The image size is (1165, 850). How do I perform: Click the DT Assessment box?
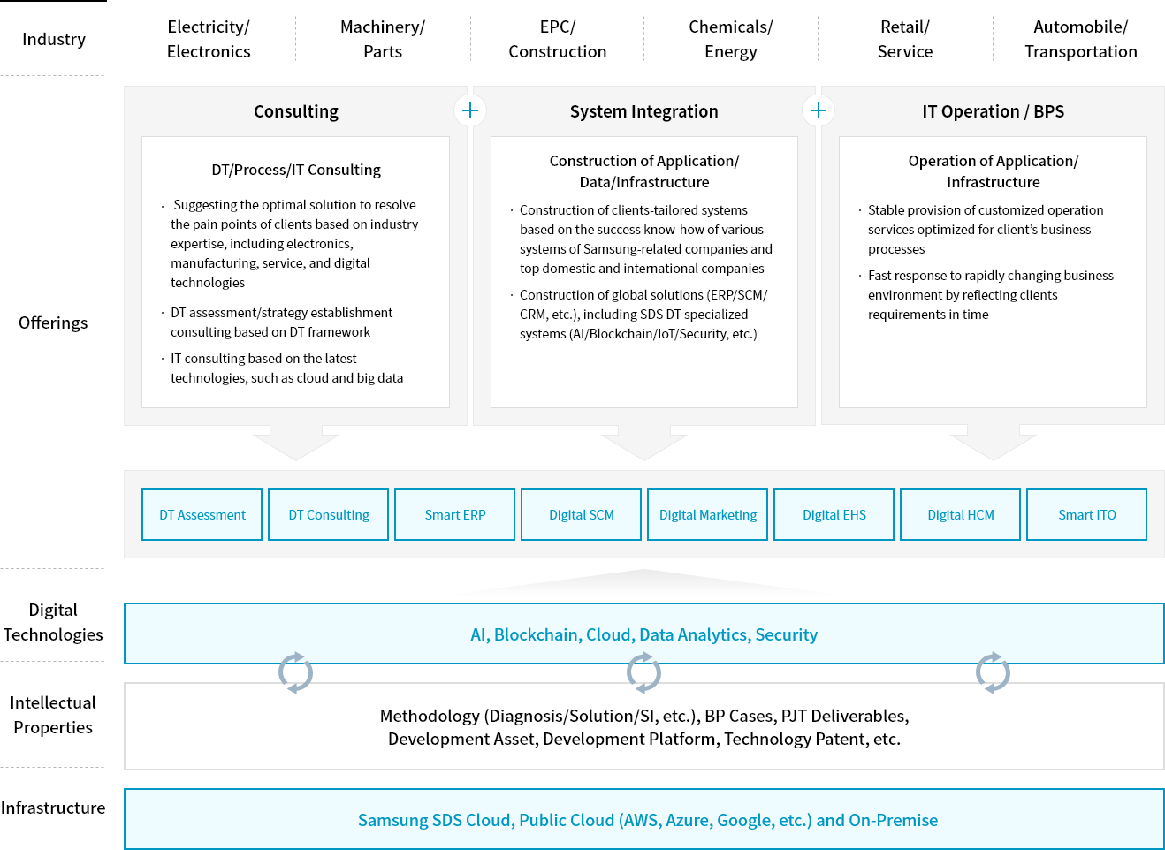coord(202,514)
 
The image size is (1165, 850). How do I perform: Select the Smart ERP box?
coord(454,514)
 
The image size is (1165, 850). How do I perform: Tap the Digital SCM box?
coord(581,514)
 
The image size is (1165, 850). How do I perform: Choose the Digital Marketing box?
coord(707,514)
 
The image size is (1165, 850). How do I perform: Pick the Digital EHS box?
coord(834,514)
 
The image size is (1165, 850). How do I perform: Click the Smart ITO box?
coord(1086,514)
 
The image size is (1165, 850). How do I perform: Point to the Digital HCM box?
coord(960,514)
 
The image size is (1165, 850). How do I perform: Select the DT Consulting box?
coord(328,514)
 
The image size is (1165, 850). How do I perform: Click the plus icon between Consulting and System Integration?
coord(470,110)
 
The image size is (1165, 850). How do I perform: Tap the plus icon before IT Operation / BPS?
coord(819,110)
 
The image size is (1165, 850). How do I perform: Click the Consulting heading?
coord(296,112)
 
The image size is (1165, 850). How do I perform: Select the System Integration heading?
coord(643,112)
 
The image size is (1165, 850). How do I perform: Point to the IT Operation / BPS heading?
coord(993,112)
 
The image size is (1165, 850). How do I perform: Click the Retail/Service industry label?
coord(905,39)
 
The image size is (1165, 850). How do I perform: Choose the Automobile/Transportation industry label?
coord(1081,39)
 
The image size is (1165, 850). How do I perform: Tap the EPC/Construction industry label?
coord(558,39)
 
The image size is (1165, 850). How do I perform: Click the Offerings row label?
coord(53,323)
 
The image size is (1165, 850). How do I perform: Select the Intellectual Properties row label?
coord(53,715)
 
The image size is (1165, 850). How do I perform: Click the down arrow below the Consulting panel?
coord(296,443)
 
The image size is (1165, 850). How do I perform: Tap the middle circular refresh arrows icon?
coord(643,672)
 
